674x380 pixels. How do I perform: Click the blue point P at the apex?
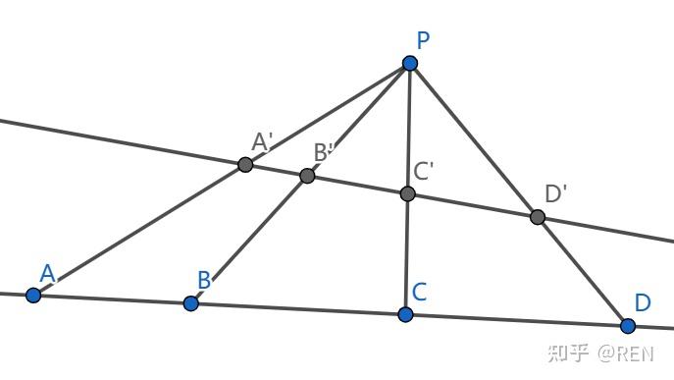tap(410, 63)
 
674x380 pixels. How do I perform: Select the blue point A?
tap(33, 296)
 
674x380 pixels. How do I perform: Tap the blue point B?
tap(191, 303)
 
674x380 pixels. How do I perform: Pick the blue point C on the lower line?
tap(405, 314)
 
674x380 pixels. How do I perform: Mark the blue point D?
tap(628, 326)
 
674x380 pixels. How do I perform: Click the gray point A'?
tap(245, 164)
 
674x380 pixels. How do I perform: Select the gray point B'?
tap(307, 176)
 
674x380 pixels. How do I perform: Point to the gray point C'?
tap(407, 193)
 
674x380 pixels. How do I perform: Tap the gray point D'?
tap(538, 217)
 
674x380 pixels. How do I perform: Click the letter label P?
tap(423, 41)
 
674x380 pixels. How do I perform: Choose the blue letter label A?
tap(47, 273)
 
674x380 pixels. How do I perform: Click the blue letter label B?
tap(204, 280)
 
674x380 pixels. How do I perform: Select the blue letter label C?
tap(419, 292)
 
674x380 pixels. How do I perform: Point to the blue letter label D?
tap(643, 302)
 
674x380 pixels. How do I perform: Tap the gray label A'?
tap(262, 141)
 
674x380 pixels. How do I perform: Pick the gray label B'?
tap(324, 152)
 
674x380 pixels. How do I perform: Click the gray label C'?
tap(423, 171)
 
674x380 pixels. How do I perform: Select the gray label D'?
tap(555, 193)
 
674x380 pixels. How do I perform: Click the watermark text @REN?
tap(625, 353)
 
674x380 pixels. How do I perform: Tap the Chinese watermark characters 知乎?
tap(568, 353)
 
